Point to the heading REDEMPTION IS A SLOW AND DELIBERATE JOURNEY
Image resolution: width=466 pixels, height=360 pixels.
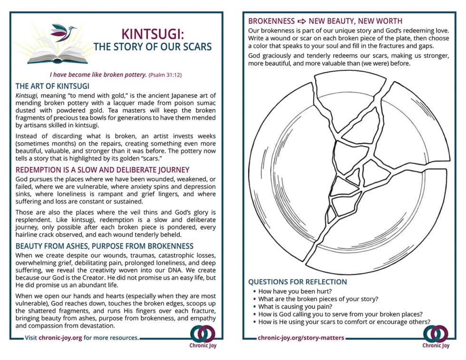pos(102,170)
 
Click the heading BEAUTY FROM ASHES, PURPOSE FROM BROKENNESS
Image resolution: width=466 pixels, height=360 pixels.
pos(104,246)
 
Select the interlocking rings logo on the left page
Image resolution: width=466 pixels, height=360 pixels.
pos(200,333)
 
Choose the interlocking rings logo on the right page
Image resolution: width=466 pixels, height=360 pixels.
pos(435,333)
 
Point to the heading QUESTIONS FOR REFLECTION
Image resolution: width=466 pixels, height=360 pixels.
pos(297,282)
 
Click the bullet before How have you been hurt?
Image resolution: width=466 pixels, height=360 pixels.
pos(254,291)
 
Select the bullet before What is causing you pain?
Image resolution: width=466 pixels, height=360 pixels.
pos(254,306)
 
